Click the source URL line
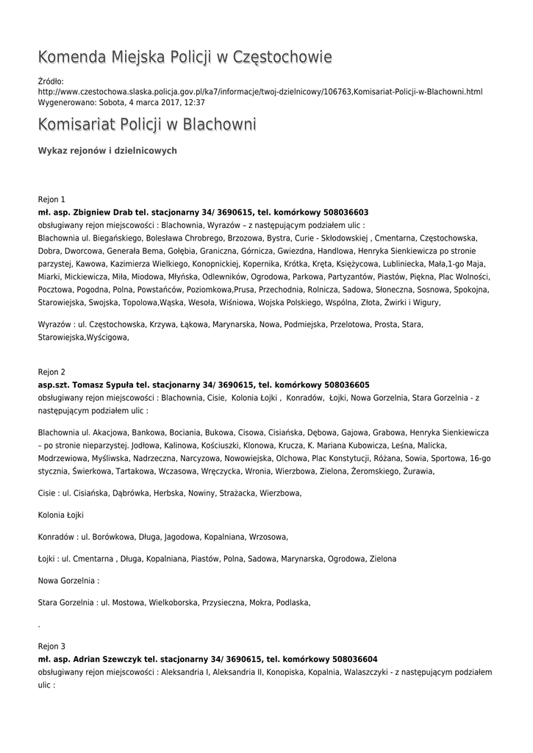point(260,92)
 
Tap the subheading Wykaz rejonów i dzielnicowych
point(107,151)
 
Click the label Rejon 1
point(51,199)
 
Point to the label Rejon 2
point(51,372)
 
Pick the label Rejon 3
point(51,646)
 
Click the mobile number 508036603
point(343,212)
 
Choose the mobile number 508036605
point(344,385)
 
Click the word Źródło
point(51,81)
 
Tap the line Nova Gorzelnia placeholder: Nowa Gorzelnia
point(68,581)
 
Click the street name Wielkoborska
point(173,603)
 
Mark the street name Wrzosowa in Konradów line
point(269,537)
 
